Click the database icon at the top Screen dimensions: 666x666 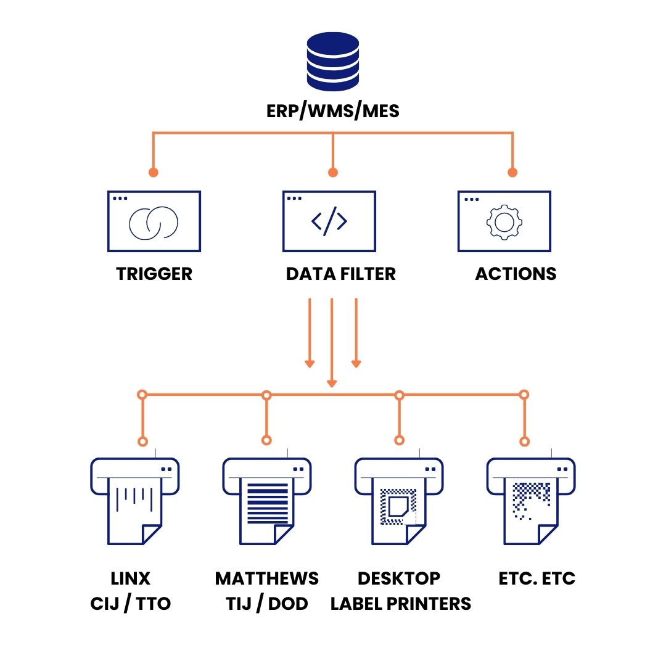(333, 60)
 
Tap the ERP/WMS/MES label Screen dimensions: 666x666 (333, 111)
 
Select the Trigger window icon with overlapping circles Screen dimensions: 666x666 (154, 221)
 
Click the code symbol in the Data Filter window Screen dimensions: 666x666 (329, 221)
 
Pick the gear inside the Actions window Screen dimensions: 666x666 (504, 221)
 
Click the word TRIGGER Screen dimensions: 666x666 (154, 274)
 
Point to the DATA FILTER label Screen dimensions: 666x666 (340, 274)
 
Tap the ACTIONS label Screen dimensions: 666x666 (516, 274)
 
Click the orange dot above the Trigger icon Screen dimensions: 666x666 (154, 172)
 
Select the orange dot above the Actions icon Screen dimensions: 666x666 (511, 172)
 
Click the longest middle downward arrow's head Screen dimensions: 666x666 (332, 383)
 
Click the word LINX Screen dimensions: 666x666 (130, 578)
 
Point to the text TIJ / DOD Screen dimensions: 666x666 (266, 603)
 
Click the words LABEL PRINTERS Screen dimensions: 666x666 (401, 603)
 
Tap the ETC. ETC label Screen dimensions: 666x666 (536, 578)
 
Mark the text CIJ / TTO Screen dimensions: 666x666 (130, 603)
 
